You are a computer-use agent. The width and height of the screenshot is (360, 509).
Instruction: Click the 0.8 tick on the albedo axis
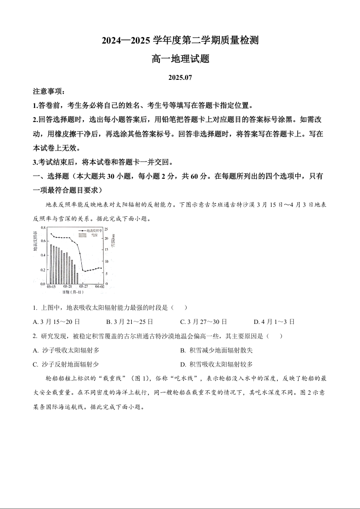[43, 227]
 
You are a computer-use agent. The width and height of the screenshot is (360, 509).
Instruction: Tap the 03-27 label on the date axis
[84, 287]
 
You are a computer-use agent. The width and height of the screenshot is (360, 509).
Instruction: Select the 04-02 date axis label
[100, 287]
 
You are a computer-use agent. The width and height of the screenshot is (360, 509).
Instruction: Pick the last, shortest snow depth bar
[77, 278]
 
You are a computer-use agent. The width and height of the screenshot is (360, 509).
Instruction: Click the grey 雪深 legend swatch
[82, 235]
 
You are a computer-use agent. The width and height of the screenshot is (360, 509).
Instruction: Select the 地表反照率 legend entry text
[94, 230]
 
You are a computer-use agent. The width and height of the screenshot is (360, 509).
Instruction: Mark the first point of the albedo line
[51, 234]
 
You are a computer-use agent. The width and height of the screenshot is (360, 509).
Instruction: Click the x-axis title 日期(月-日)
[72, 293]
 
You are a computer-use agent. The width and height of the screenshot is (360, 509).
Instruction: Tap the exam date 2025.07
[180, 78]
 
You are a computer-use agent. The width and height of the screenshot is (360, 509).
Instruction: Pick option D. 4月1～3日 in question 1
[274, 322]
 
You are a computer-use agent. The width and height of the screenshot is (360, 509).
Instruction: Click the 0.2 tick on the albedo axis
[43, 270]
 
